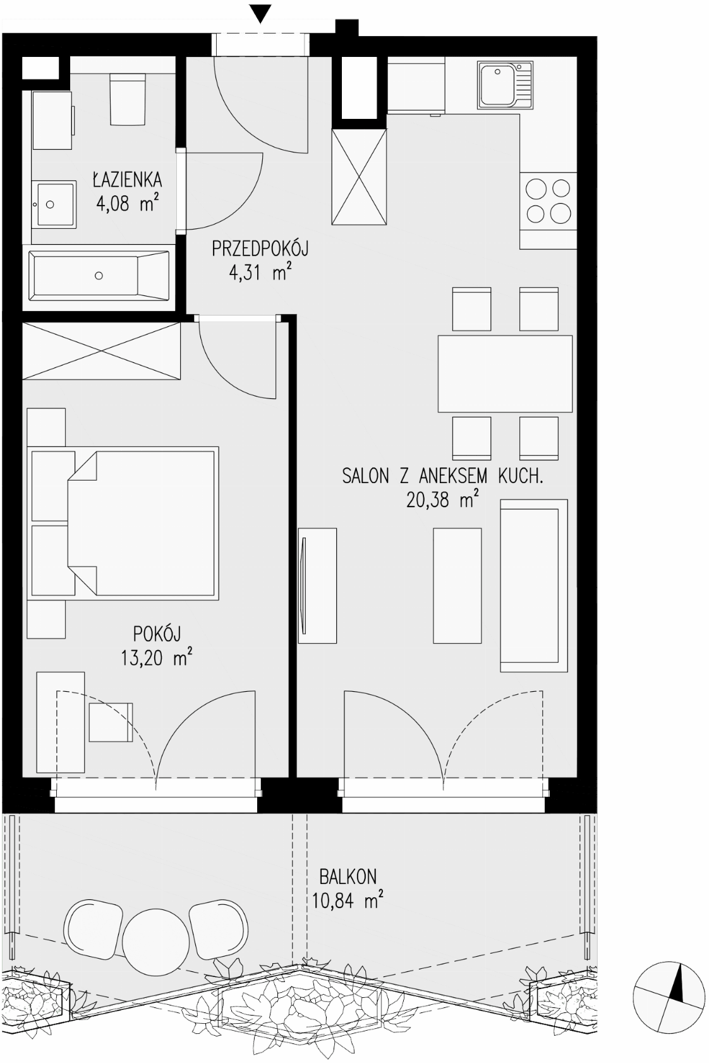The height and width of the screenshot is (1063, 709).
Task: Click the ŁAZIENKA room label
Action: tap(127, 180)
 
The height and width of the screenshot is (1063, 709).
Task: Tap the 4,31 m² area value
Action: tap(260, 274)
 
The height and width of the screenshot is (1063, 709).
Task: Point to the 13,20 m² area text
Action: tap(157, 658)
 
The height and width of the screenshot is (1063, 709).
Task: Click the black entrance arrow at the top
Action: tap(260, 14)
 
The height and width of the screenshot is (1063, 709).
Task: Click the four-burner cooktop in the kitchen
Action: tap(548, 200)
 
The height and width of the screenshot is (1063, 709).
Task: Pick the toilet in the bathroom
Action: tap(126, 99)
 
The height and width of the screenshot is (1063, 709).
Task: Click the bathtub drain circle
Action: tap(99, 276)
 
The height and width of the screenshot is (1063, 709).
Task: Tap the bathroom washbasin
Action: tap(54, 204)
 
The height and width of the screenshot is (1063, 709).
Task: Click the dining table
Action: tap(505, 374)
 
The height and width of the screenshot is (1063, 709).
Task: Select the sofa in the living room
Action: tap(534, 586)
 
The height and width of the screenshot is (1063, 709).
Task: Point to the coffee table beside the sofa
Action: tap(457, 586)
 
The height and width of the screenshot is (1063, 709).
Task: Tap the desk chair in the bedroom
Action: tap(111, 722)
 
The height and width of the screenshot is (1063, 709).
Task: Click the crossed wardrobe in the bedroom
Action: tap(102, 351)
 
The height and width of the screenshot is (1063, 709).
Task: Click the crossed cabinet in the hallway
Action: tap(358, 176)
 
